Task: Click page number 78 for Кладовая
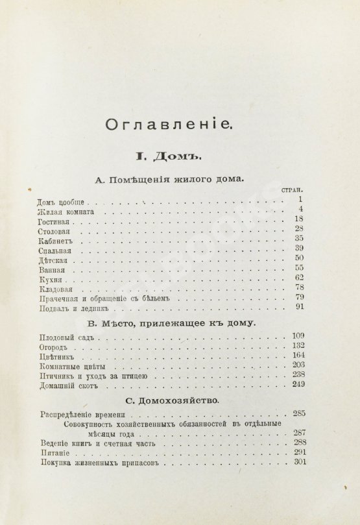[x=300, y=287]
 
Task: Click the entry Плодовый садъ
[x=58, y=339]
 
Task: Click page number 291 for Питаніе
[x=298, y=453]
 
